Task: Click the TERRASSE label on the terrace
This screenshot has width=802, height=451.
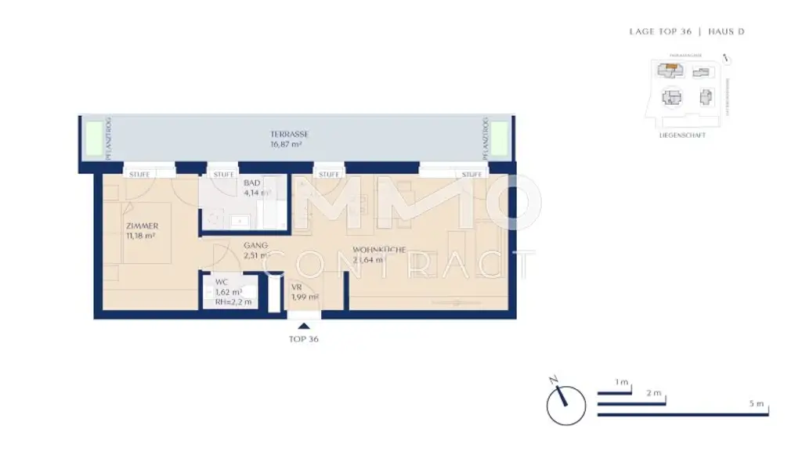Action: (289, 134)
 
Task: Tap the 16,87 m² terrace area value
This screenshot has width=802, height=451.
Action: (289, 144)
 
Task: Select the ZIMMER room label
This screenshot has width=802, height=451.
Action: (142, 226)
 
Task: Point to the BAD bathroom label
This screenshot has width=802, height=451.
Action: (230, 182)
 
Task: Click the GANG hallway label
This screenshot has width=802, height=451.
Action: (255, 245)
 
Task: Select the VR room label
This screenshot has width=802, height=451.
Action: (296, 287)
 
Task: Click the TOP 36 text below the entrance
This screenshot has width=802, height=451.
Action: (304, 340)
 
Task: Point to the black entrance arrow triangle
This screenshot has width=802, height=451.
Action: (304, 325)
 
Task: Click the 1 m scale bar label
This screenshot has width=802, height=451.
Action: (622, 382)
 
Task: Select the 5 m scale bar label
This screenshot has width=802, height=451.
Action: (756, 403)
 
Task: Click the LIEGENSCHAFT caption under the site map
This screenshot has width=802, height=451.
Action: (683, 135)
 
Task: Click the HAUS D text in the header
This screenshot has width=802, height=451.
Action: (726, 32)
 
